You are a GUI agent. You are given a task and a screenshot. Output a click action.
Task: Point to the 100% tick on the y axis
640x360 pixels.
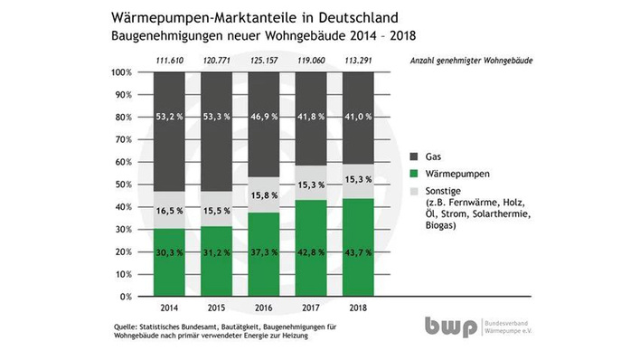pyautogui.click(x=122, y=72)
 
